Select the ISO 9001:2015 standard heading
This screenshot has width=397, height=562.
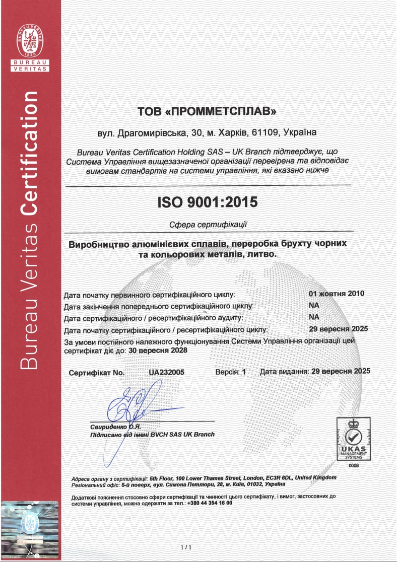(207, 202)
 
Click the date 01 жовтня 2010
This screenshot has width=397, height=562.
(336, 294)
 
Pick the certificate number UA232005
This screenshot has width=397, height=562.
(167, 373)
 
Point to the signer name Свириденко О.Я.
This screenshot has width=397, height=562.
(110, 427)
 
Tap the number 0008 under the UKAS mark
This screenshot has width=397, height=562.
(353, 466)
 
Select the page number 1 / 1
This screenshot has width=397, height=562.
(186, 547)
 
